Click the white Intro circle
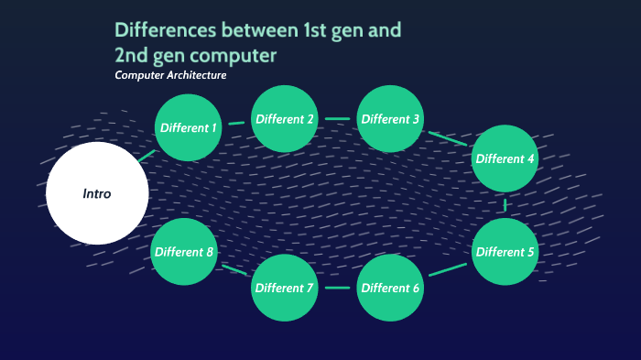tap(97, 193)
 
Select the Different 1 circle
tap(189, 127)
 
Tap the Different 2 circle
tap(285, 119)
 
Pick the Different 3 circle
tap(390, 119)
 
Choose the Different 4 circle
tap(505, 158)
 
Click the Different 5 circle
tap(505, 252)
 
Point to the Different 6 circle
tap(390, 289)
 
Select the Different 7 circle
tap(285, 289)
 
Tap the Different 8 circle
tap(184, 252)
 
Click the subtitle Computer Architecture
tap(170, 75)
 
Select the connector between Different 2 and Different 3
tap(337, 119)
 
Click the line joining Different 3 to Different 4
tap(447, 138)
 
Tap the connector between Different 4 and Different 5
tap(505, 205)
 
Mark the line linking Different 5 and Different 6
tap(447, 270)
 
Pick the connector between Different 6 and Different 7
tap(337, 289)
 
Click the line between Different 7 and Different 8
tap(233, 270)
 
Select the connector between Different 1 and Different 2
tap(236, 123)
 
